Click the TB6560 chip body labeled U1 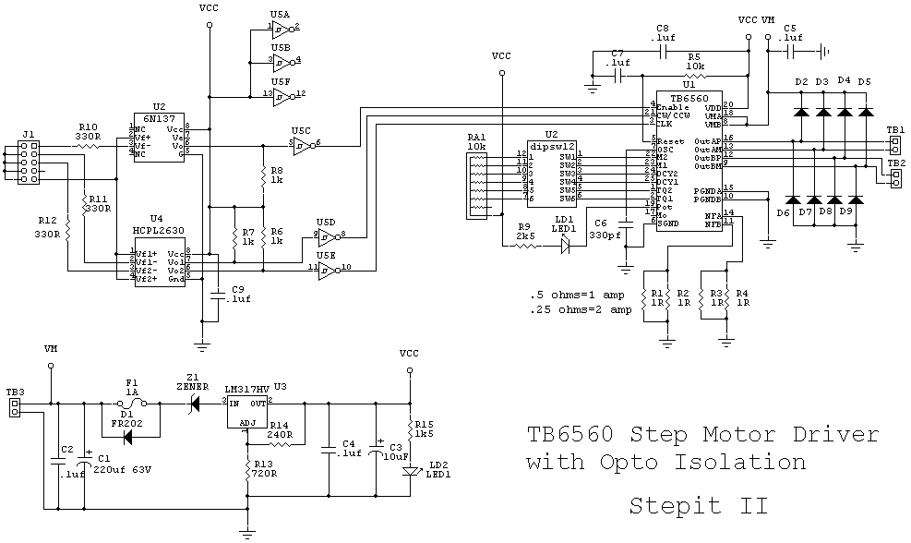(x=689, y=162)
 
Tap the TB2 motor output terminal (x=894, y=176)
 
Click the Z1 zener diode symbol (x=193, y=403)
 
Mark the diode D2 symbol (x=801, y=112)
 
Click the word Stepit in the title (x=674, y=505)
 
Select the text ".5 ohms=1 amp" (x=581, y=295)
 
